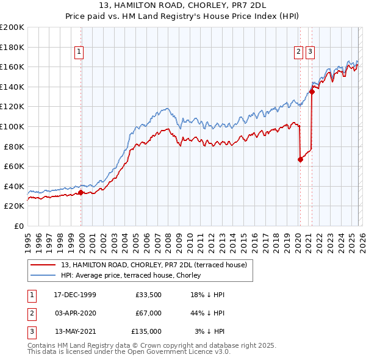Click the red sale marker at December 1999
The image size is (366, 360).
click(x=81, y=193)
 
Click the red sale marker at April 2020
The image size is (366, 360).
click(x=300, y=160)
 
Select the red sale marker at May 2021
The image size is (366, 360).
click(x=312, y=92)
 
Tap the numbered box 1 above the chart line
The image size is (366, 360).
click(x=79, y=52)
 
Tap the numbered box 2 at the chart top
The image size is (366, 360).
click(x=299, y=52)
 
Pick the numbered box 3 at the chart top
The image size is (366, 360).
click(x=310, y=52)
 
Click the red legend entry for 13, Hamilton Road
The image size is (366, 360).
click(x=154, y=265)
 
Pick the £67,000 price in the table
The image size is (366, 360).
click(x=149, y=313)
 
